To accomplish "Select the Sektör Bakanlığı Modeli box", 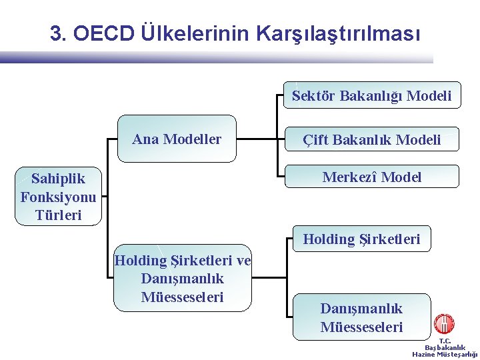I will click(x=371, y=96).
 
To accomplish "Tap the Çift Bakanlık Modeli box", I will click(x=371, y=140).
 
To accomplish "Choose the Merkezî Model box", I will click(x=371, y=177).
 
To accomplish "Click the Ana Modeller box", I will click(x=177, y=139).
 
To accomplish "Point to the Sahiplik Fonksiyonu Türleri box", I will click(x=58, y=197).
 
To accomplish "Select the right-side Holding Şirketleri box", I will click(x=361, y=239).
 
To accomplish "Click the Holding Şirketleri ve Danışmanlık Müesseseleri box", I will click(x=182, y=279).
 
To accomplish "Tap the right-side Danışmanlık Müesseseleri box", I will click(x=361, y=317).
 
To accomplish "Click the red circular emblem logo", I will click(x=443, y=325).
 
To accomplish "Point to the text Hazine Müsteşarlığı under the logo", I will click(x=445, y=355).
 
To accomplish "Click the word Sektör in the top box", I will click(x=313, y=96).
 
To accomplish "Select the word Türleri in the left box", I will click(x=58, y=215).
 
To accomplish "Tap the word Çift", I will click(x=315, y=140).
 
